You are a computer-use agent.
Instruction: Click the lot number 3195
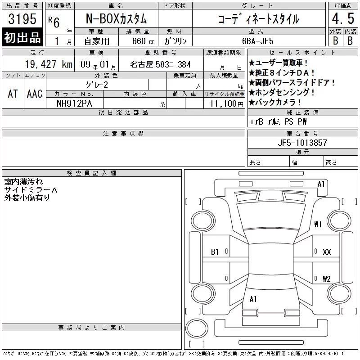pos(22,19)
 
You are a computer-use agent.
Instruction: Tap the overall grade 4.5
pos(343,18)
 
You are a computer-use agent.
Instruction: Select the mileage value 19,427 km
pos(49,64)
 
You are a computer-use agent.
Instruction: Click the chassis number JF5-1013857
pos(302,143)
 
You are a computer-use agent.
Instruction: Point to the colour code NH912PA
pos(74,103)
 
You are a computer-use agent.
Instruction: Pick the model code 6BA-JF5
pos(258,41)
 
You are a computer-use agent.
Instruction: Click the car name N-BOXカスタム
pos(116,19)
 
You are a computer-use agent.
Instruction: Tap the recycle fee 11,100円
pos(226,104)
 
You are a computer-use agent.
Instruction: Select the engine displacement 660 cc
pos(144,41)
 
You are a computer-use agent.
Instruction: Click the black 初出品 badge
pos(22,37)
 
